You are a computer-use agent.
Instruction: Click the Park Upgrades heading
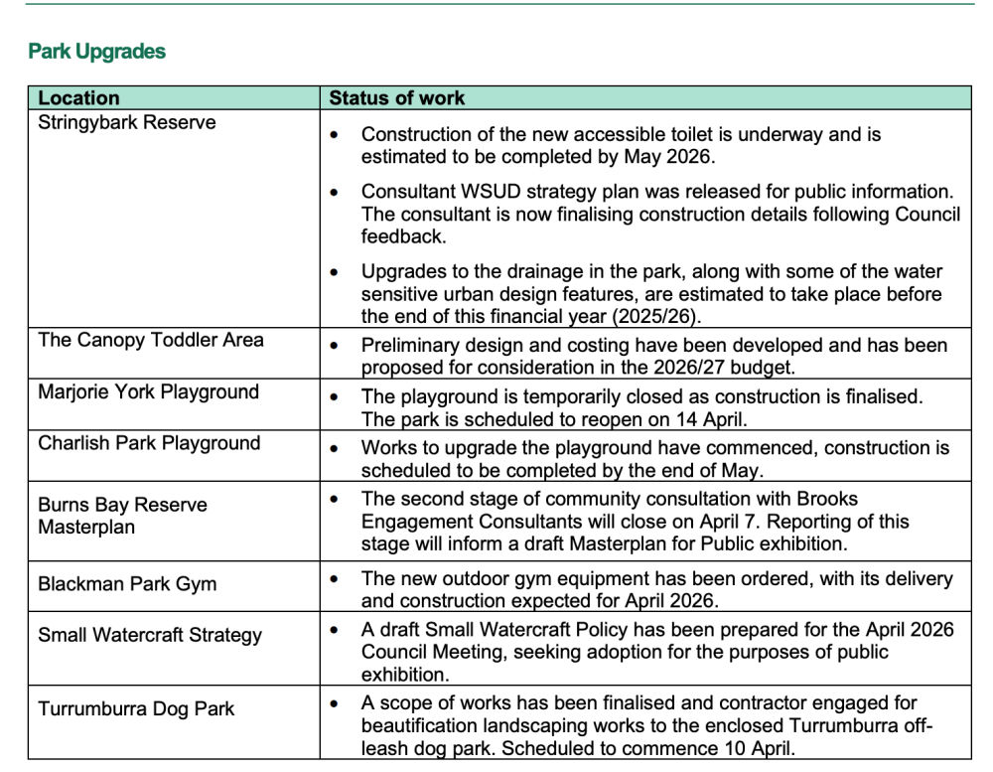pyautogui.click(x=96, y=52)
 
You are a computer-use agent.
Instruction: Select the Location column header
pyautogui.click(x=78, y=98)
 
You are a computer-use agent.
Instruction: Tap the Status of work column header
pyautogui.click(x=396, y=98)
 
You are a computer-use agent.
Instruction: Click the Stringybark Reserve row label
pyautogui.click(x=126, y=123)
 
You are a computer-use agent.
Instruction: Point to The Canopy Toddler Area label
pyautogui.click(x=151, y=340)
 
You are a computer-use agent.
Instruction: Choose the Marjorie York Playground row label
pyautogui.click(x=148, y=391)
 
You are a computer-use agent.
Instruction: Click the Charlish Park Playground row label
pyautogui.click(x=149, y=443)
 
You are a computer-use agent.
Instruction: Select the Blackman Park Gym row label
pyautogui.click(x=127, y=583)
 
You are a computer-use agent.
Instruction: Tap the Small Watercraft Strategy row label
pyautogui.click(x=150, y=635)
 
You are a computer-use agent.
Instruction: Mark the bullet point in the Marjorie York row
pyautogui.click(x=335, y=396)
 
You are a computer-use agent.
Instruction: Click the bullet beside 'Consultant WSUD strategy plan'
pyautogui.click(x=335, y=192)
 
